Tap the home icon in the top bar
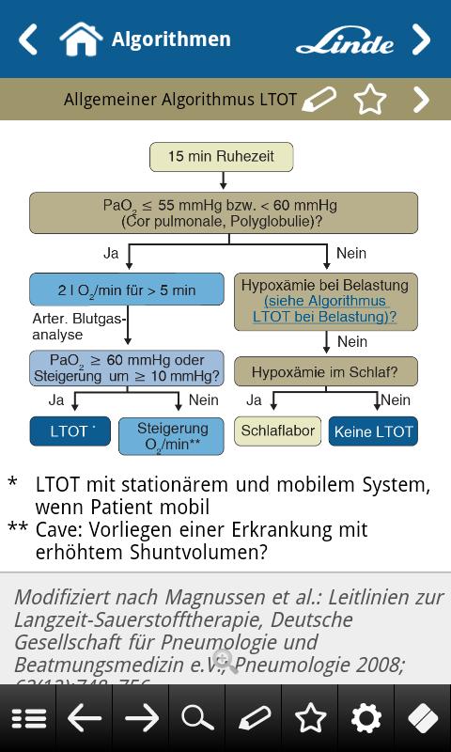pyautogui.click(x=81, y=39)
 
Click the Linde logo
pyautogui.click(x=345, y=40)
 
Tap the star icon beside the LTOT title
pyautogui.click(x=370, y=99)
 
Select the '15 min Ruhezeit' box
pyautogui.click(x=222, y=157)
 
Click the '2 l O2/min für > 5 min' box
pyautogui.click(x=127, y=290)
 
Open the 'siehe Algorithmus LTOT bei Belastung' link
pyautogui.click(x=325, y=309)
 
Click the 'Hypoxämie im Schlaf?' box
pyautogui.click(x=325, y=372)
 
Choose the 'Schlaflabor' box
pyautogui.click(x=277, y=431)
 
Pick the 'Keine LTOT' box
pyautogui.click(x=373, y=431)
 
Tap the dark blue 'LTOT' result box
pyautogui.click(x=70, y=431)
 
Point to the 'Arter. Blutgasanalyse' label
pyautogui.click(x=79, y=326)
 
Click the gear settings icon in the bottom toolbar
pyautogui.click(x=366, y=719)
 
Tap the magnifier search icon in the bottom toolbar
pyautogui.click(x=197, y=719)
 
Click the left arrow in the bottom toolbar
pyautogui.click(x=85, y=719)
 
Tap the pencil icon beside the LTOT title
pyautogui.click(x=319, y=99)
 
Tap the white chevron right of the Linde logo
pyautogui.click(x=421, y=39)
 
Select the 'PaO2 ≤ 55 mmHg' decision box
pyautogui.click(x=224, y=213)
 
